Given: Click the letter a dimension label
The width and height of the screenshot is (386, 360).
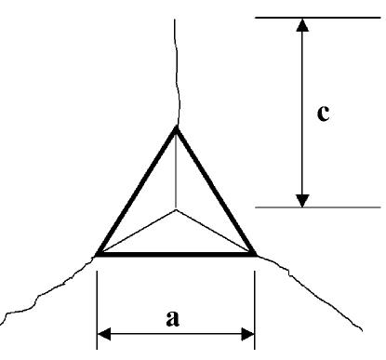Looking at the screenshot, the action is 172,318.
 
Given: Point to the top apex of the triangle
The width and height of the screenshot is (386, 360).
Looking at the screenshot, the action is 176,127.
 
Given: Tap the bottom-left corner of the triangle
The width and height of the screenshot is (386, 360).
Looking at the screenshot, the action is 98,253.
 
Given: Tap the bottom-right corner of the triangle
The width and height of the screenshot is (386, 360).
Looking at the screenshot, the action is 254,253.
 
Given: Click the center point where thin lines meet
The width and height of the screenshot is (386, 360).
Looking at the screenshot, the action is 176,210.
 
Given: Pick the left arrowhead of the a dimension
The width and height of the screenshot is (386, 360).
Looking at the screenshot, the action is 104,332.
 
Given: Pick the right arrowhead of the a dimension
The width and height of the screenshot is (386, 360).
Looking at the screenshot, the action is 247,332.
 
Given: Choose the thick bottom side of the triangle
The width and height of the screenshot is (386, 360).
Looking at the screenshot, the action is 176,253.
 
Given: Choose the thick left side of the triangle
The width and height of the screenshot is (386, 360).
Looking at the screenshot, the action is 136,192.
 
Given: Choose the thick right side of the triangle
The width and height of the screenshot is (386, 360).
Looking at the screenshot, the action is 215,191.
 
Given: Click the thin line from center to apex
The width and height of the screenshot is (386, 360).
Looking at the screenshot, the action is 176,172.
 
